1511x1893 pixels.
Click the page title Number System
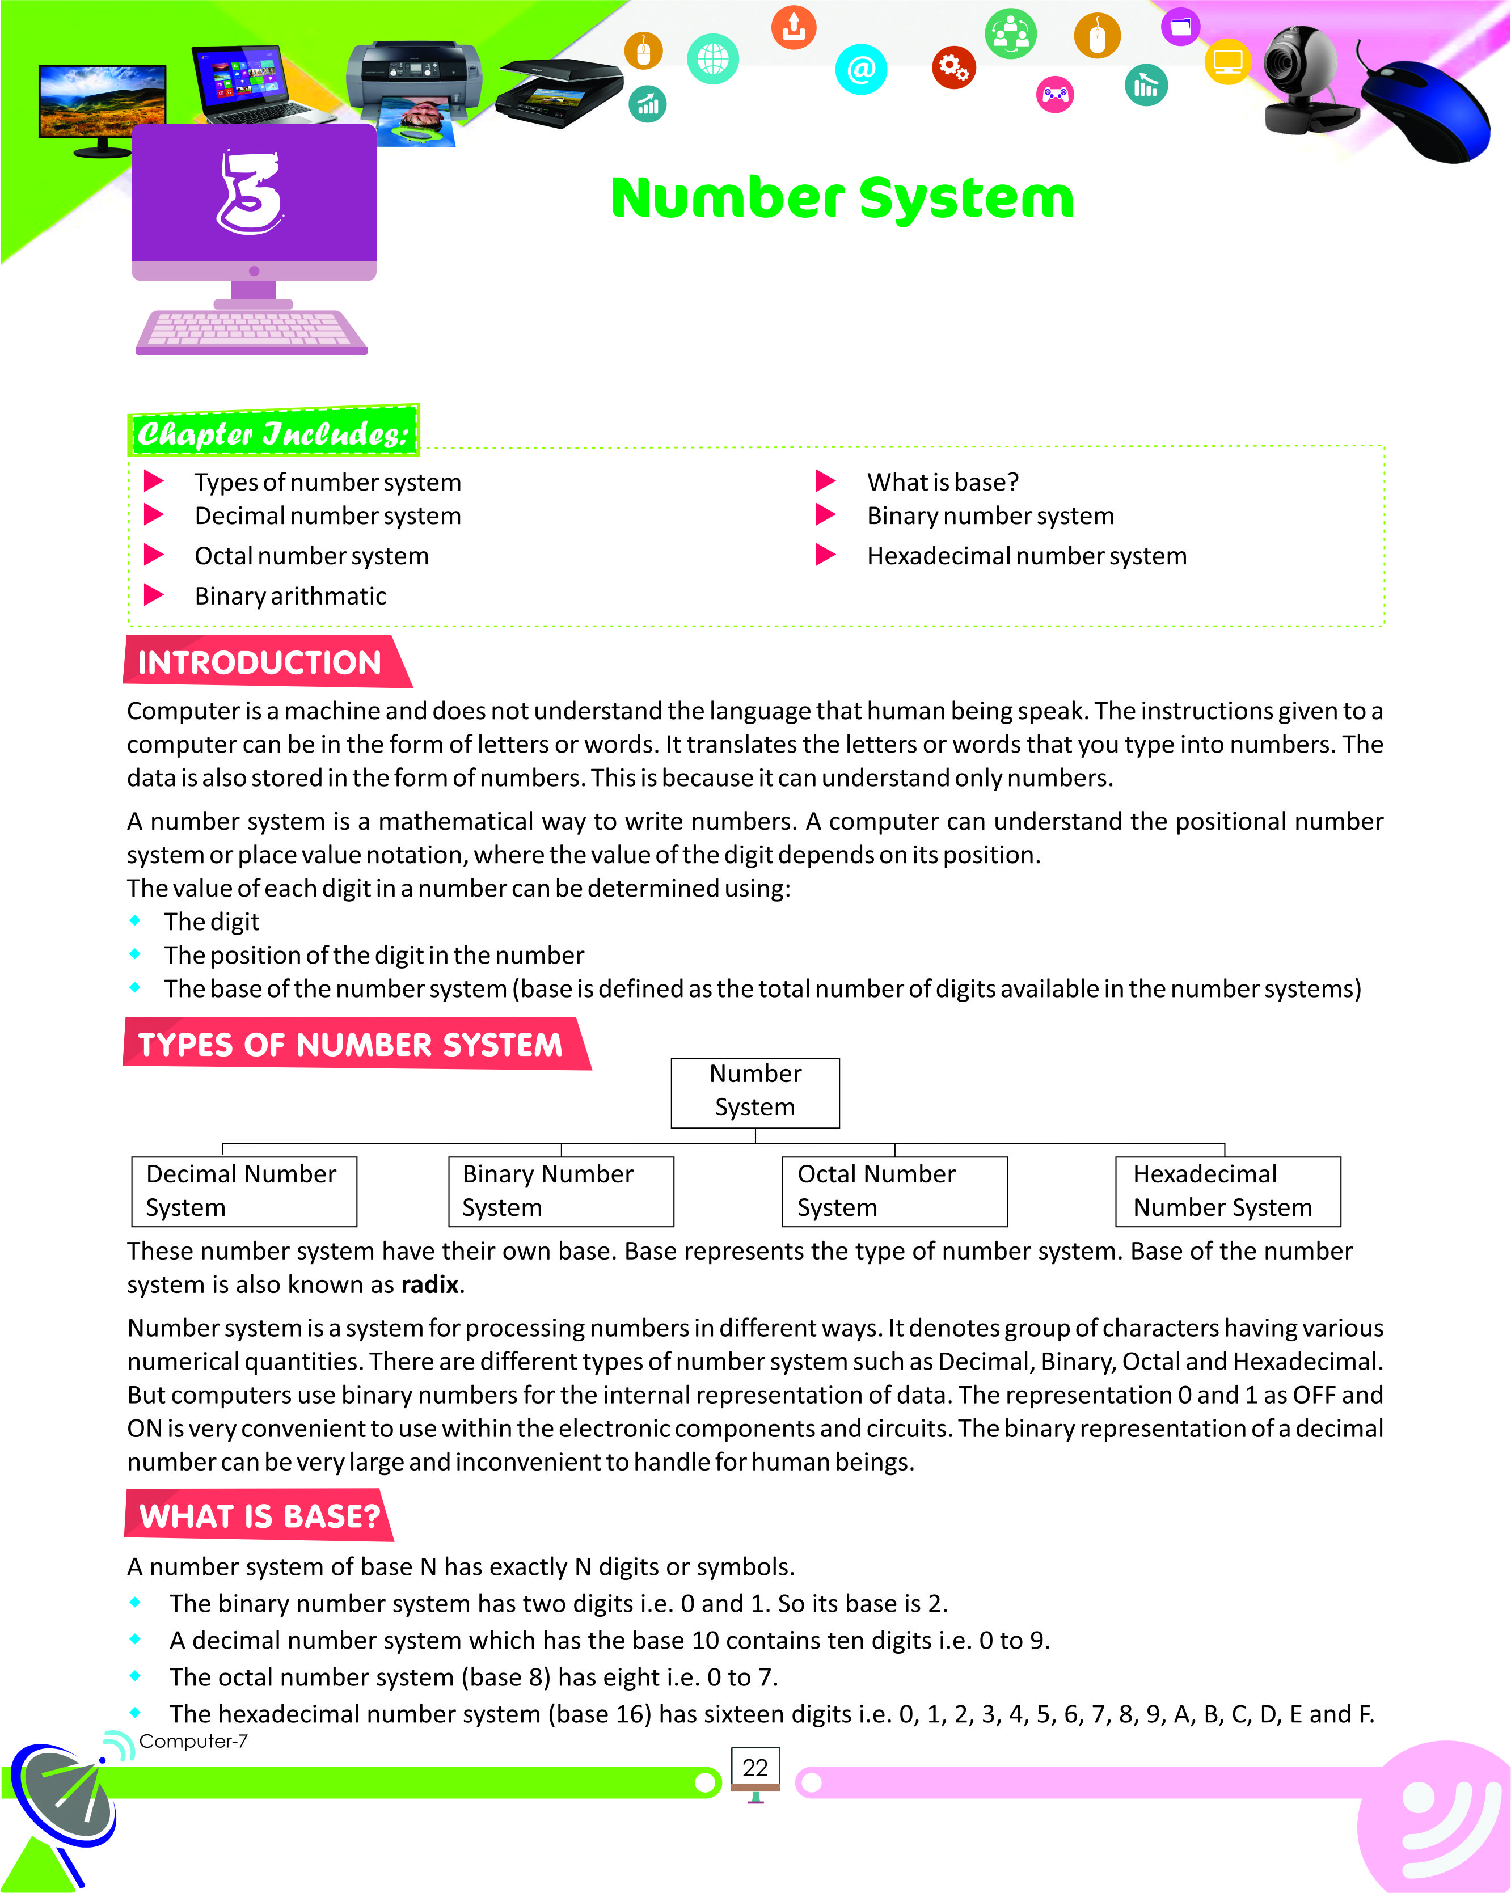842,198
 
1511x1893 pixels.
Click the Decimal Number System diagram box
244,1191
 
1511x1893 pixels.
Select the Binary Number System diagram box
561,1191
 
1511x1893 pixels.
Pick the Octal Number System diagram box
894,1191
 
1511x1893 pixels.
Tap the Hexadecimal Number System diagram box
1227,1191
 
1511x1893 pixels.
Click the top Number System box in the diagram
755,1092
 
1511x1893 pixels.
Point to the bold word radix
430,1284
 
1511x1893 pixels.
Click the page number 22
755,1768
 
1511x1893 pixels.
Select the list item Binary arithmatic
290,596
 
